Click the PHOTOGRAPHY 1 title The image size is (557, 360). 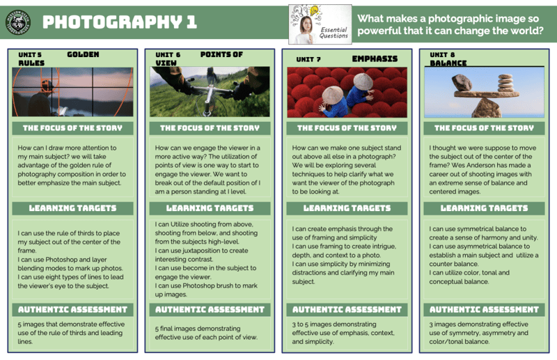pos(119,22)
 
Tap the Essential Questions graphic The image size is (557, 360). pos(320,24)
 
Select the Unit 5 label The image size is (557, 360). pos(27,54)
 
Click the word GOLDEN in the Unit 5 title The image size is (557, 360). pos(83,54)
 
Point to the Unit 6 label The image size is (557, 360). pos(167,54)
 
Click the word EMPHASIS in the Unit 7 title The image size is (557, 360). pos(375,58)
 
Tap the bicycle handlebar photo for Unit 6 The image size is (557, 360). pos(210,91)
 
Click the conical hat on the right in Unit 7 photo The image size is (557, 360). pos(363,81)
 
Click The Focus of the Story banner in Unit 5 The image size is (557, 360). pos(72,128)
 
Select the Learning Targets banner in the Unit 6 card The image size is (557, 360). pos(210,208)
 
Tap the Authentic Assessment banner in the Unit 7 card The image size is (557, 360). pos(347,309)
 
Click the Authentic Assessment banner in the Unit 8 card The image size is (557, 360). pos(484,309)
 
